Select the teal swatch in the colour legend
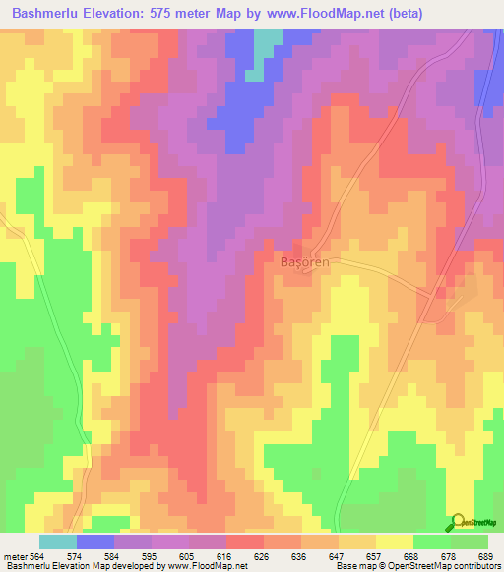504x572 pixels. click(58, 542)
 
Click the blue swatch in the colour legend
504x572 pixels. click(95, 542)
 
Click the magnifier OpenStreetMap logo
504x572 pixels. click(458, 521)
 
